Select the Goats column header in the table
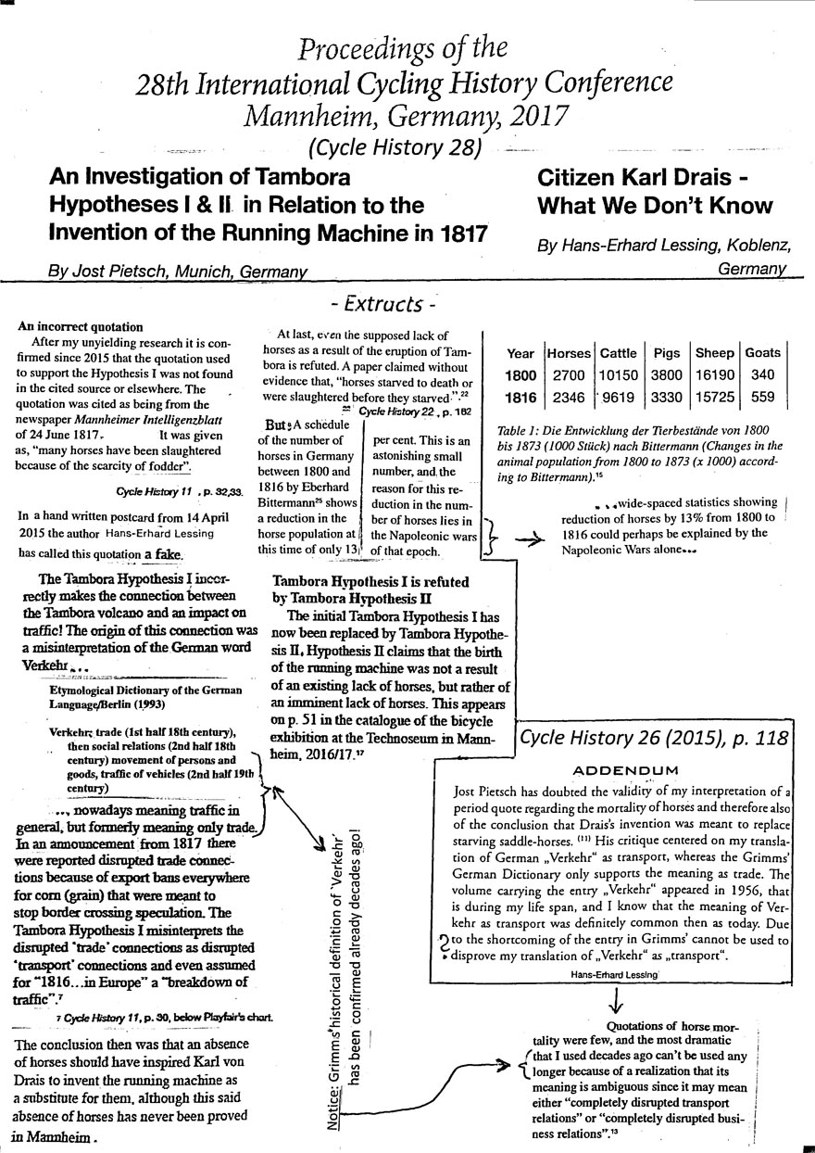tap(763, 353)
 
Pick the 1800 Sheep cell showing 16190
tap(714, 375)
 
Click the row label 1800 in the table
tap(520, 375)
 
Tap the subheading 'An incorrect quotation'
tap(80, 327)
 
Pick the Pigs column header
tap(666, 353)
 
